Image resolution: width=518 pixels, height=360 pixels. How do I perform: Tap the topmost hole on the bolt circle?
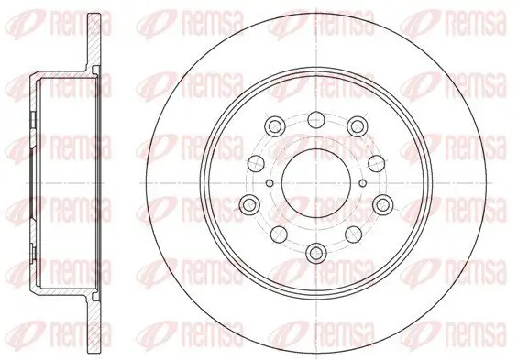[x=316, y=119]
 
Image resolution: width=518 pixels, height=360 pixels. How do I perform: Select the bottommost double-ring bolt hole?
[x=316, y=253]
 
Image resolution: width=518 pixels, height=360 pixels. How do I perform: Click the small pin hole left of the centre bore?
[x=270, y=183]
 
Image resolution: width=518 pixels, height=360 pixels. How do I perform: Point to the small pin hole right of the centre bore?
[x=363, y=183]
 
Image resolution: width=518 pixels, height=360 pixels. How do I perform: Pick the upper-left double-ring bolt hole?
[x=275, y=125]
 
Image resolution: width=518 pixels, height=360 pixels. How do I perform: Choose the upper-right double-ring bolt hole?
[x=358, y=125]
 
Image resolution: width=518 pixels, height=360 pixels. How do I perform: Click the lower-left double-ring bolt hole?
[x=249, y=204]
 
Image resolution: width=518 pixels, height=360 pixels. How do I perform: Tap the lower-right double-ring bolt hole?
[x=383, y=204]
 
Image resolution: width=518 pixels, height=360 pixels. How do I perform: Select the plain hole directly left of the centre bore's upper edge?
[x=257, y=164]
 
